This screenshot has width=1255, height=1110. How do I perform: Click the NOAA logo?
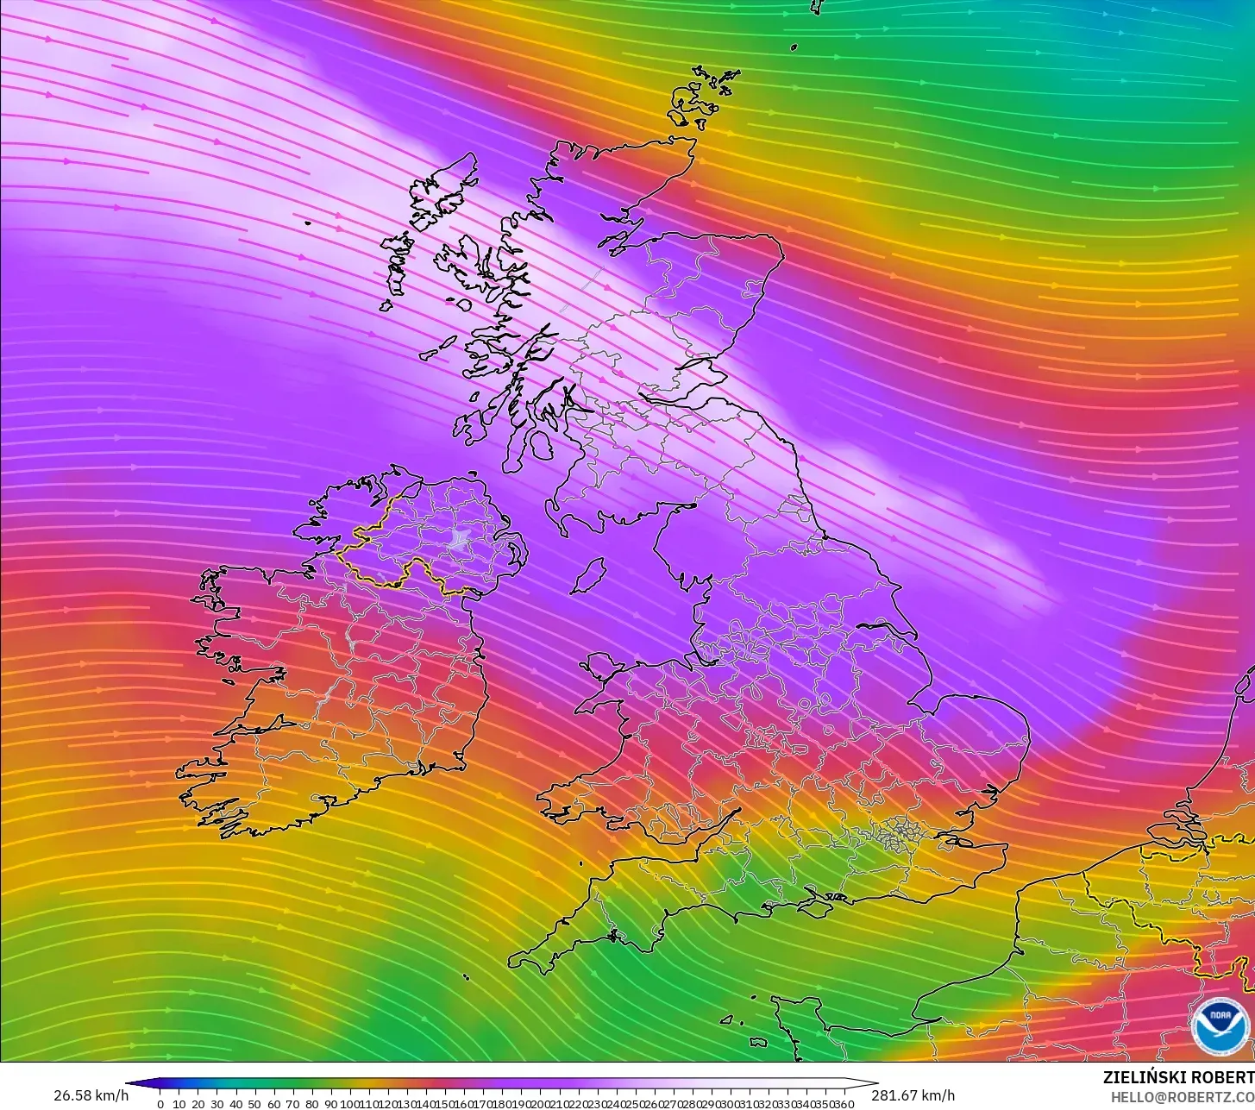[x=1220, y=1025]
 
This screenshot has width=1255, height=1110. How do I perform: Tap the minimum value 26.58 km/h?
[x=91, y=1095]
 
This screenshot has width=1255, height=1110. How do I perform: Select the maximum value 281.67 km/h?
[x=913, y=1095]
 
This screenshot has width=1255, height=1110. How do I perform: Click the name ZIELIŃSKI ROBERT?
[x=1178, y=1077]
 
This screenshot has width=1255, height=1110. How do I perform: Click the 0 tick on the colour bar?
[x=160, y=1103]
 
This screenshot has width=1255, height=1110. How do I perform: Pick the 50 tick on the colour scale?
[x=254, y=1103]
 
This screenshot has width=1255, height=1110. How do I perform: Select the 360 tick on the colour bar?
[x=844, y=1103]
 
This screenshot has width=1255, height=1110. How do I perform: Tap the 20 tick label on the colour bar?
[x=198, y=1103]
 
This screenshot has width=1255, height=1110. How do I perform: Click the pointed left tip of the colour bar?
[x=128, y=1084]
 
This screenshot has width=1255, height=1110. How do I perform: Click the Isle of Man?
[x=588, y=575]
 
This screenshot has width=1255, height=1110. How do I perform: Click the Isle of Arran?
[x=540, y=445]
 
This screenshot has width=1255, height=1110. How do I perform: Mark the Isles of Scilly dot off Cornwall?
[x=466, y=977]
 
